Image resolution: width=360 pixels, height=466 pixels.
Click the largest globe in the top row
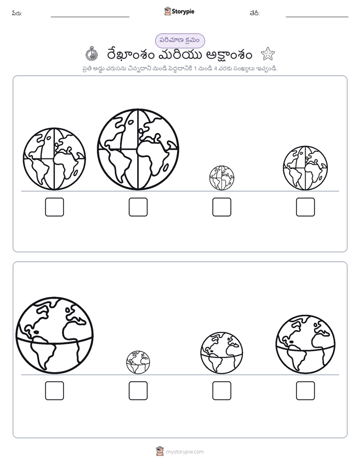(x=138, y=149)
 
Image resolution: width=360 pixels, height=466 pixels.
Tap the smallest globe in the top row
(x=221, y=178)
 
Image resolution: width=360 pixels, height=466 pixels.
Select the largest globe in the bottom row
(x=54, y=335)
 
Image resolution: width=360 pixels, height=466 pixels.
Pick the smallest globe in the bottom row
(x=138, y=362)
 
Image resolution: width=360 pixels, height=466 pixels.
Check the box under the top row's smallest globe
(x=222, y=207)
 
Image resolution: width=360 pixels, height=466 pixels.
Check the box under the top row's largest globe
(x=138, y=207)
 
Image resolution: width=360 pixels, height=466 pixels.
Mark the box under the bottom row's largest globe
(x=54, y=390)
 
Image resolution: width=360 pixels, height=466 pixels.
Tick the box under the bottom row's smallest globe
(x=138, y=390)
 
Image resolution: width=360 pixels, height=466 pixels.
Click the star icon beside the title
(x=268, y=54)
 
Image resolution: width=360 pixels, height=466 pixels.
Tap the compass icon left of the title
(x=92, y=54)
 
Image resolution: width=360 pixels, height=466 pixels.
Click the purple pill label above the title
(x=180, y=40)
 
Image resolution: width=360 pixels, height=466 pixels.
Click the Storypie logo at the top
(x=179, y=11)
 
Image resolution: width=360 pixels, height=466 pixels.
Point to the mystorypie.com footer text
(x=185, y=452)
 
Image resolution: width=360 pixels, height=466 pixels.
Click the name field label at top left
(x=17, y=13)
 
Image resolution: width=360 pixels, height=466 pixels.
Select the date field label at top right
(x=255, y=13)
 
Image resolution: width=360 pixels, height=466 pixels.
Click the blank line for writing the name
(x=90, y=17)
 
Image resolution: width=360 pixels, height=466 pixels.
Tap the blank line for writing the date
(x=317, y=17)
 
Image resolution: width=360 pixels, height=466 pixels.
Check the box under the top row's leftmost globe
(x=54, y=207)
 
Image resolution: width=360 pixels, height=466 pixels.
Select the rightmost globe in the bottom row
(x=306, y=344)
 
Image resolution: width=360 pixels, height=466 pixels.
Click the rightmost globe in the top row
(x=306, y=168)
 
